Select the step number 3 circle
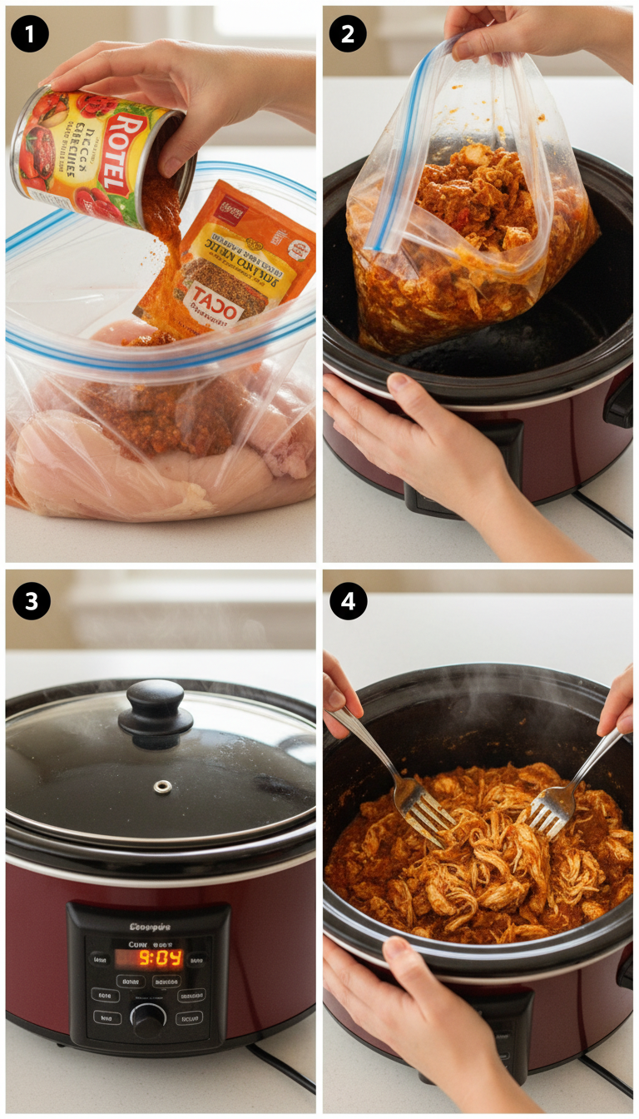[x=30, y=600]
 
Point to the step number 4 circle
[x=348, y=600]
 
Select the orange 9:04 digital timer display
[x=161, y=957]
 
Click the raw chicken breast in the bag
[x=116, y=475]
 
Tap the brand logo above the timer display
[x=150, y=926]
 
